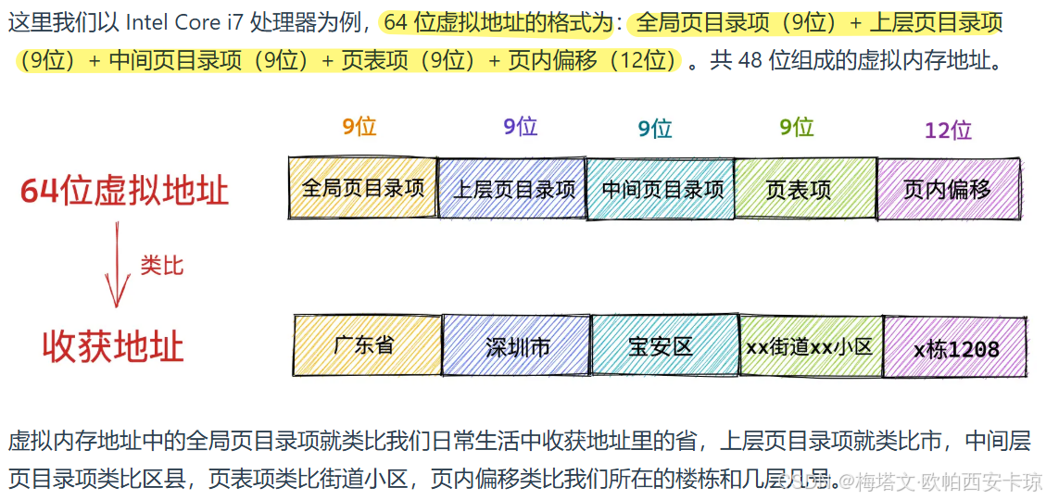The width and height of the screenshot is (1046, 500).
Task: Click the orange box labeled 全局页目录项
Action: pos(362,188)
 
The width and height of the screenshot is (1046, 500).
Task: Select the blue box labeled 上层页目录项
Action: pos(512,189)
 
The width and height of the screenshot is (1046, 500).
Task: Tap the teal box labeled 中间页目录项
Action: pos(662,189)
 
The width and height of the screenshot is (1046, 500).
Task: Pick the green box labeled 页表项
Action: pos(805,189)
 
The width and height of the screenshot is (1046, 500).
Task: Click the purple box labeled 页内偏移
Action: pos(948,189)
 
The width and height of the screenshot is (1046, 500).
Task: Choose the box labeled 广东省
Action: pos(367,345)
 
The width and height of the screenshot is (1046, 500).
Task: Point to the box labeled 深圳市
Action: pos(517,346)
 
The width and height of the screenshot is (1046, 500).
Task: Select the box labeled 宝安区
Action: pos(664,346)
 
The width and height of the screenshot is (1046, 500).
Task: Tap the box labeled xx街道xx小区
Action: pos(810,346)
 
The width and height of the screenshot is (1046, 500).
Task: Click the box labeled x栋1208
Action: pos(955,347)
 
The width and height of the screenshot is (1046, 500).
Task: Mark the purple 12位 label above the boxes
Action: pos(948,130)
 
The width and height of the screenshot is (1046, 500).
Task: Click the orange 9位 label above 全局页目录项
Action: pos(359,126)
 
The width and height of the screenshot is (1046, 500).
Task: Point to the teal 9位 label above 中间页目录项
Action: pos(655,129)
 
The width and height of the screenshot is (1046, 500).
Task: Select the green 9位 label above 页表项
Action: pos(797,126)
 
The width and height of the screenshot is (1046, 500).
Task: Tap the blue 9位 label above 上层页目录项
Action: pos(521,126)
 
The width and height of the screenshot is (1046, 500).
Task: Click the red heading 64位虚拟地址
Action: pos(124,191)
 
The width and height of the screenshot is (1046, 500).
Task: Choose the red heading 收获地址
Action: pos(113,346)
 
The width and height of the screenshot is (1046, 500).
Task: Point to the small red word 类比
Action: pos(162,266)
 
